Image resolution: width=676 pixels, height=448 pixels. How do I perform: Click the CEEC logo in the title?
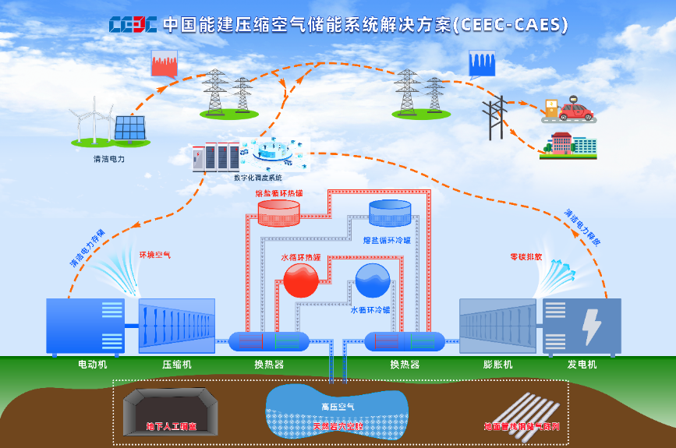pyautogui.click(x=133, y=23)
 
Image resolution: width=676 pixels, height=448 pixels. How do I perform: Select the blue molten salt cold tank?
pyautogui.click(x=390, y=213)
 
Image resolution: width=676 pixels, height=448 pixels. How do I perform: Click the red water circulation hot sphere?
pyautogui.click(x=301, y=280)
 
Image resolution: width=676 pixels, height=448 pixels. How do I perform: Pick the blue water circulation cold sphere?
pyautogui.click(x=373, y=280)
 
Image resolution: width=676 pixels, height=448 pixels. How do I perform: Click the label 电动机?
pyautogui.click(x=92, y=365)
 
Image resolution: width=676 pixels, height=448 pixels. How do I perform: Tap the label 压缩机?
pyautogui.click(x=177, y=365)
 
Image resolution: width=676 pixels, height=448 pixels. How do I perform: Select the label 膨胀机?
pyautogui.click(x=497, y=365)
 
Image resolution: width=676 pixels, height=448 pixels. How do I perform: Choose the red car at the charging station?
pyautogui.click(x=575, y=111)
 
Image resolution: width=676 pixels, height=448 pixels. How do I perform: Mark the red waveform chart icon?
pyautogui.click(x=165, y=63)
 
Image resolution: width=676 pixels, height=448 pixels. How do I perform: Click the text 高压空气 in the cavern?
pyautogui.click(x=338, y=407)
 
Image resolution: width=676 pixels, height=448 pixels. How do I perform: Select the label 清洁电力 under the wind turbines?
pyautogui.click(x=108, y=158)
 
